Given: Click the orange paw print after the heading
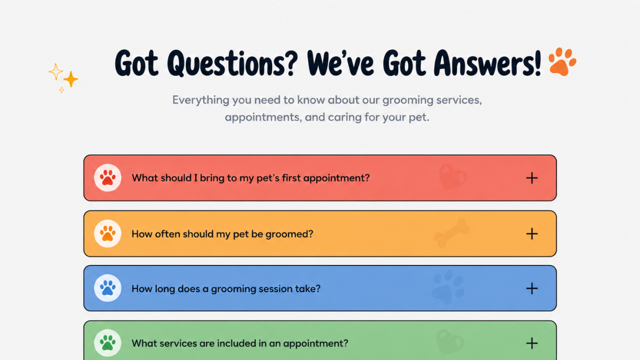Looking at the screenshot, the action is coord(562,62).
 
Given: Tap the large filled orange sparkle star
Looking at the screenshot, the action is coord(70,79).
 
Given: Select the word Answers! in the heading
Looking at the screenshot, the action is coord(487,63).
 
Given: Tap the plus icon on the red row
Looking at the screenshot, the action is coord(532,178).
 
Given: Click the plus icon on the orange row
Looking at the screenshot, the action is coord(532,234).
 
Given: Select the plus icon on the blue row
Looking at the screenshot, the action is coord(532,289).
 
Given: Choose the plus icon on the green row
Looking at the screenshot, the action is coord(532,343).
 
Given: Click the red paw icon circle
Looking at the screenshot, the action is coord(108,178).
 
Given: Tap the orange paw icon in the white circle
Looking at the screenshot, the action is coord(108,234).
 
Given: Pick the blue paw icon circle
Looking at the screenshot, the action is coord(108,288).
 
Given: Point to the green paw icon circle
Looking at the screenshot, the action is coord(108,343).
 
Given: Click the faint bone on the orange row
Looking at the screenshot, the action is coord(451,233).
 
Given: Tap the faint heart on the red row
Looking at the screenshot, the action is coord(452,177).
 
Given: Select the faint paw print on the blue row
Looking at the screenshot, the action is coord(448,287).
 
